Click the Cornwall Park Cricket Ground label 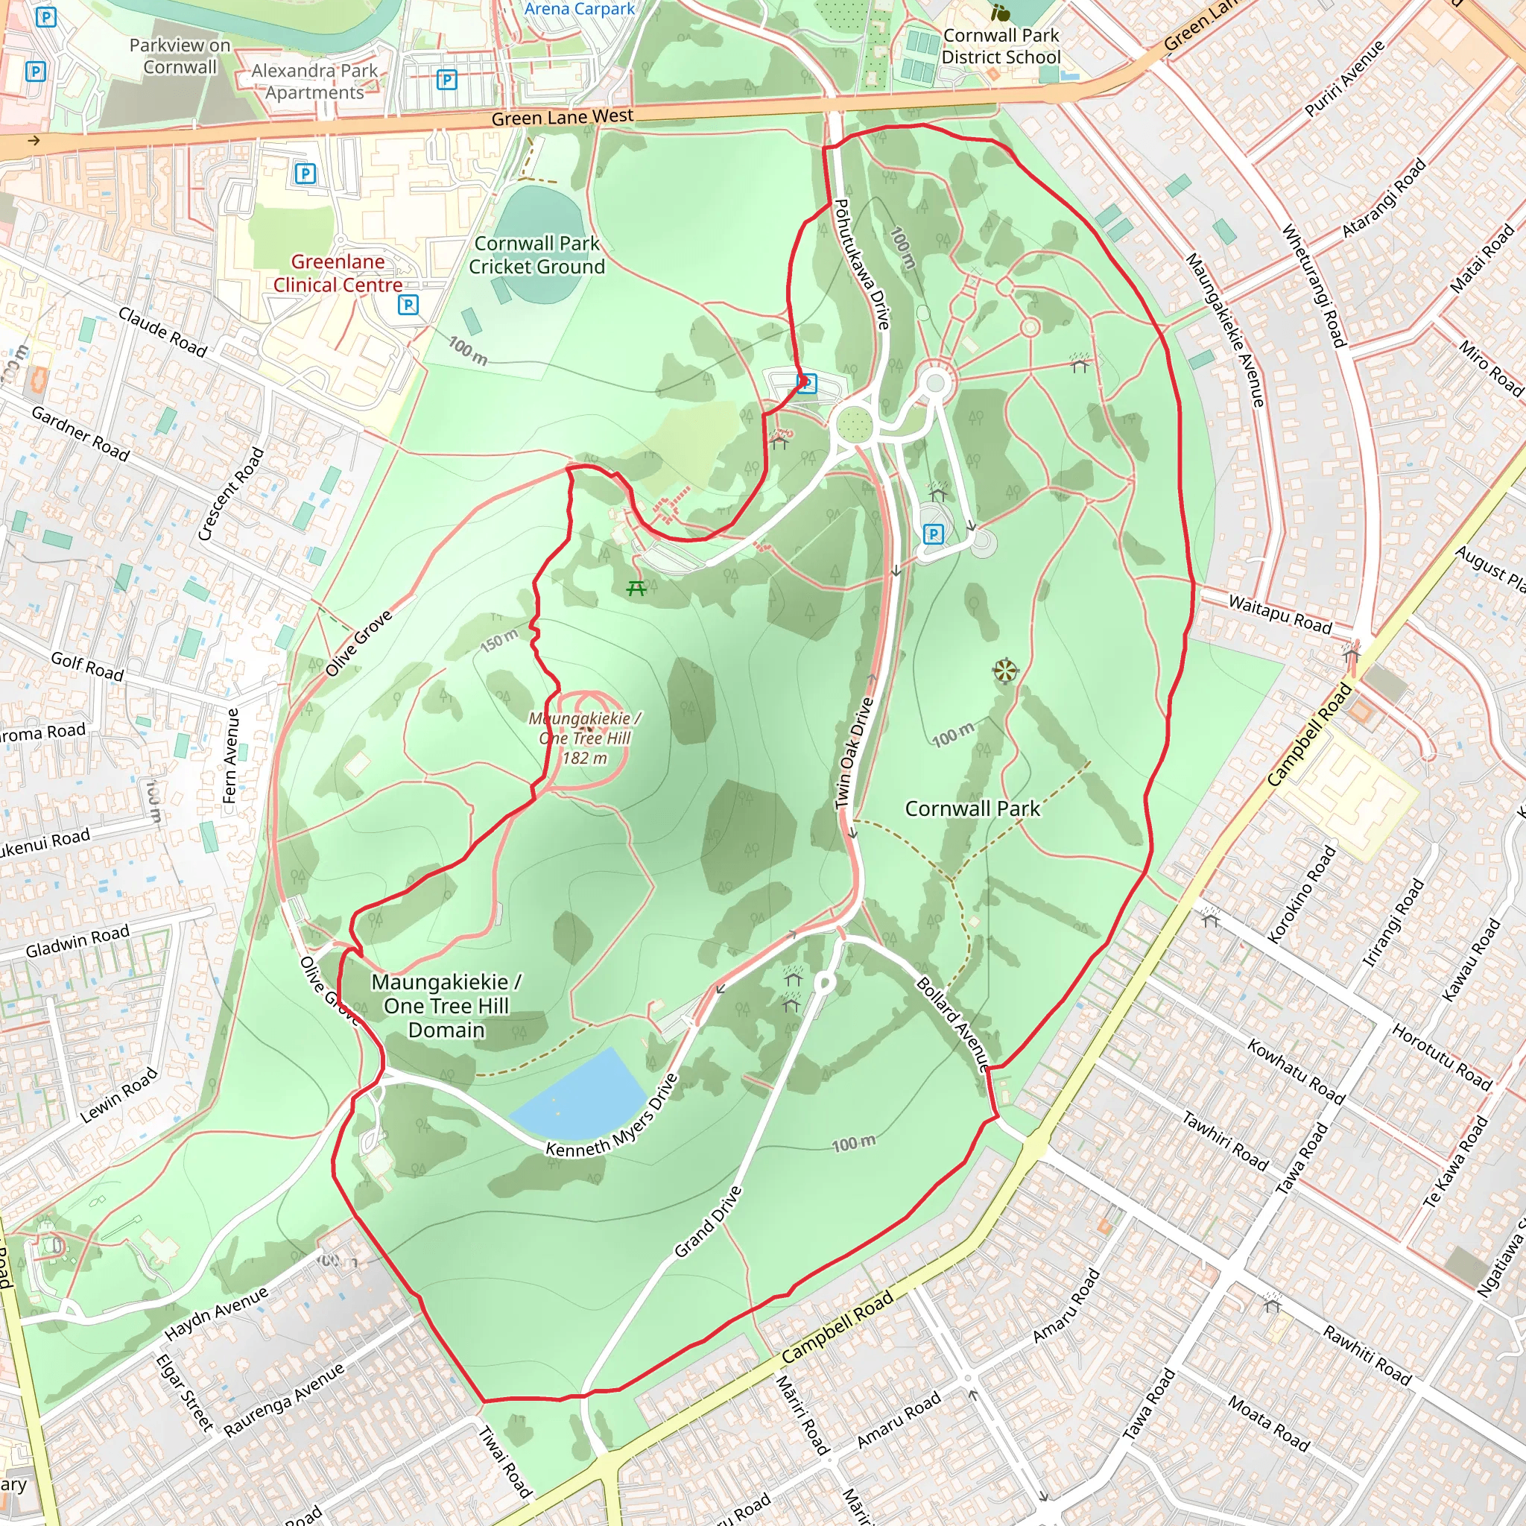click(536, 255)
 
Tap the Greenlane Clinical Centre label click(338, 273)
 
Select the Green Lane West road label click(562, 118)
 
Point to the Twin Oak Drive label click(855, 753)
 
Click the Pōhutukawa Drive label click(863, 264)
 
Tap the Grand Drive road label click(709, 1221)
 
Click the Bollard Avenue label click(952, 1024)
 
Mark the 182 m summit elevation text click(584, 759)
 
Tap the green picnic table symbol click(636, 589)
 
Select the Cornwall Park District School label click(1001, 47)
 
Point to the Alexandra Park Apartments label click(314, 81)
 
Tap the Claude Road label click(162, 332)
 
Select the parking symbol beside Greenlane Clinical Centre click(408, 305)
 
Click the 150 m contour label click(499, 641)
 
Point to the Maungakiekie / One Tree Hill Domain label click(446, 1005)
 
